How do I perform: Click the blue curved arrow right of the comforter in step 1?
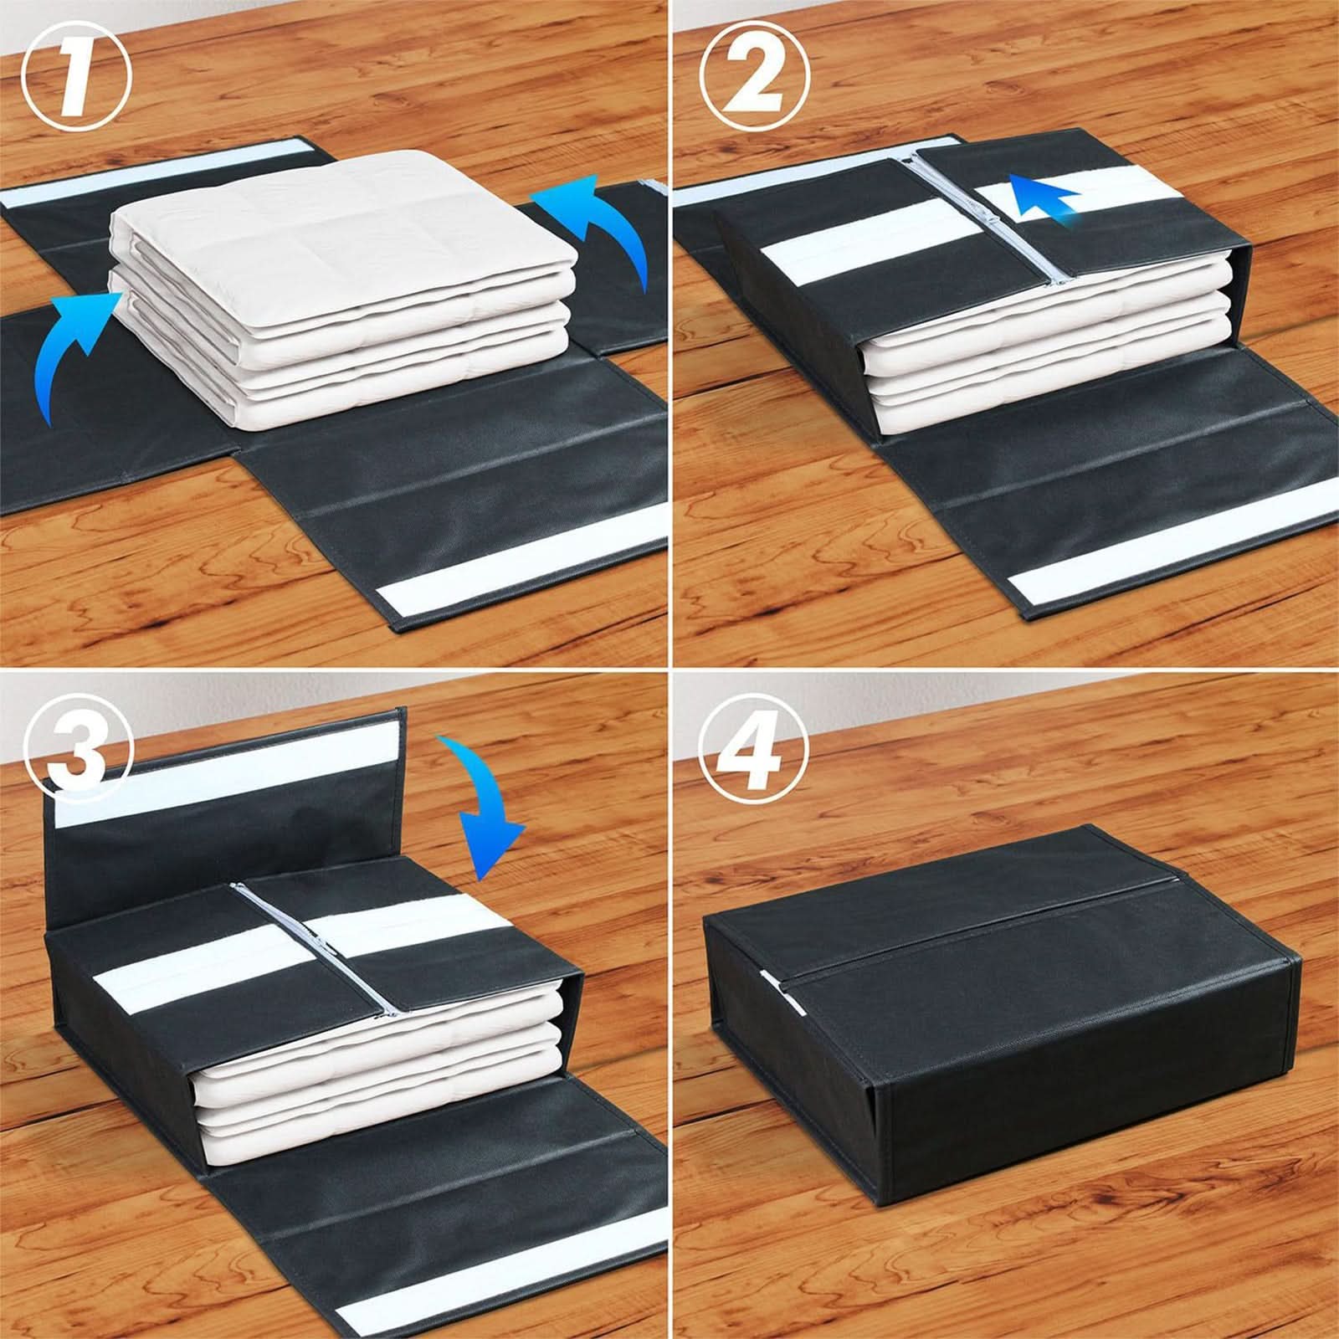[598, 230]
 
